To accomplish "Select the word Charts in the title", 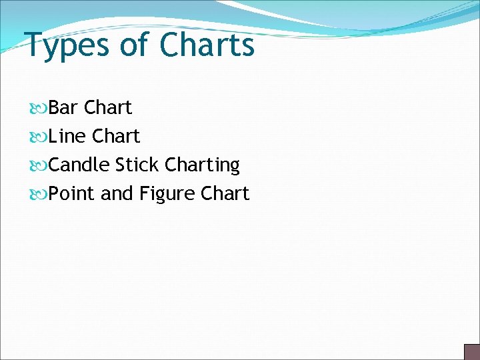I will (207, 45).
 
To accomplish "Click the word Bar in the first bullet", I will (63, 107).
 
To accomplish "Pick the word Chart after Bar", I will (109, 107).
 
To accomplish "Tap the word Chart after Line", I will (116, 136).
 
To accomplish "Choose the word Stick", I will (137, 165).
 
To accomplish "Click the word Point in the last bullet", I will (72, 193).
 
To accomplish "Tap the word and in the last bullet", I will (117, 193).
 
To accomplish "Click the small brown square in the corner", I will (472, 351).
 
